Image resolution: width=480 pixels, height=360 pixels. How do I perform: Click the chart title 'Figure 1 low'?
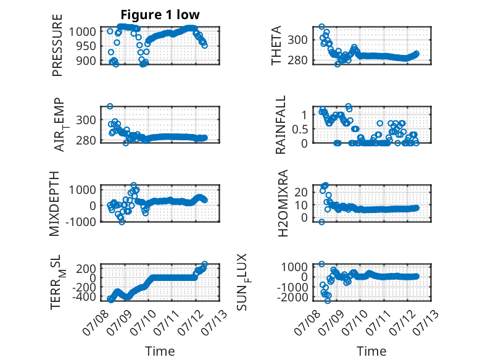point(160,15)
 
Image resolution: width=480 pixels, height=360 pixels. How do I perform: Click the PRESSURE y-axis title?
point(57,45)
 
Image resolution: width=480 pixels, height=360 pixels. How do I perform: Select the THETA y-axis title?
point(276,45)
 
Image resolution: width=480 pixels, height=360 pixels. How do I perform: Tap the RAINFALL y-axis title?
point(280,124)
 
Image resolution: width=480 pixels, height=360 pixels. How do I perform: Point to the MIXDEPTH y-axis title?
point(54,203)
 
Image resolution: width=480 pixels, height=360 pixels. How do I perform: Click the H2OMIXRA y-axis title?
point(283,203)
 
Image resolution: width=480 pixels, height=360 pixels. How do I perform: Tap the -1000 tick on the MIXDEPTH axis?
point(80,222)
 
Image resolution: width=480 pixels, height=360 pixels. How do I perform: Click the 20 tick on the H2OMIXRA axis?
point(300,192)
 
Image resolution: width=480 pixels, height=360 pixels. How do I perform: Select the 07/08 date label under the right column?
point(306,322)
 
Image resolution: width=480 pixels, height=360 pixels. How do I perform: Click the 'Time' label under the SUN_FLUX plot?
point(371,351)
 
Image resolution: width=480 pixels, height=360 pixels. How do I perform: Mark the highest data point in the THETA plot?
point(321,27)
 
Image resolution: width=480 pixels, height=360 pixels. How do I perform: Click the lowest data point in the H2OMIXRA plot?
point(321,222)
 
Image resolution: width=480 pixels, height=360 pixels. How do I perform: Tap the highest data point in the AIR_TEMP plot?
point(110,106)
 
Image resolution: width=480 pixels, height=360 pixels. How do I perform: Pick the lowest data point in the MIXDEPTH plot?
point(122,222)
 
